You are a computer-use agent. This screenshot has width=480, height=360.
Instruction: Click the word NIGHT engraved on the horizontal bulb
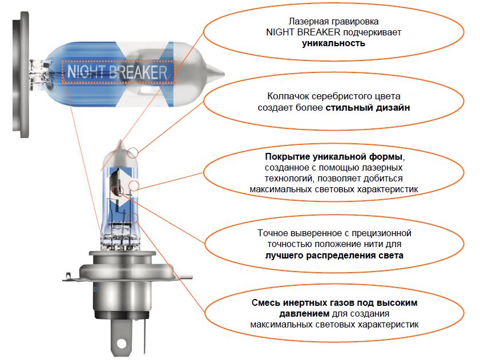[86, 72]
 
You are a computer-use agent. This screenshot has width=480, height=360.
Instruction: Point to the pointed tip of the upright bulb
[120, 141]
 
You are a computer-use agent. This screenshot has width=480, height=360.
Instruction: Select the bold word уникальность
[333, 43]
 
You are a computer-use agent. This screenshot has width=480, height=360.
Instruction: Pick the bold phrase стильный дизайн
[368, 108]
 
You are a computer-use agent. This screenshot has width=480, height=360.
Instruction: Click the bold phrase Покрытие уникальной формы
[333, 157]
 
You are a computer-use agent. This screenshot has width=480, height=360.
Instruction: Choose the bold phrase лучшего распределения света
[334, 255]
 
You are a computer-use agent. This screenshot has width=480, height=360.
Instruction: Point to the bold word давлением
[304, 313]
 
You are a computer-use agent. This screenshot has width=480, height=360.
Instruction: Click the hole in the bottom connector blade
[121, 343]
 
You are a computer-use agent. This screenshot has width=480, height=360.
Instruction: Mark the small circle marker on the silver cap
[133, 153]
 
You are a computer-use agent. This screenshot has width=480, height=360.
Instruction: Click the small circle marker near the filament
[134, 185]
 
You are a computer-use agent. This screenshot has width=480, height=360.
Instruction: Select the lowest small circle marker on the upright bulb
[133, 218]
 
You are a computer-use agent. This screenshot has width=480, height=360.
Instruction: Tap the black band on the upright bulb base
[122, 315]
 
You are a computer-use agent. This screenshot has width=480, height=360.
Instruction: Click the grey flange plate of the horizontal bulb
[21, 75]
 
